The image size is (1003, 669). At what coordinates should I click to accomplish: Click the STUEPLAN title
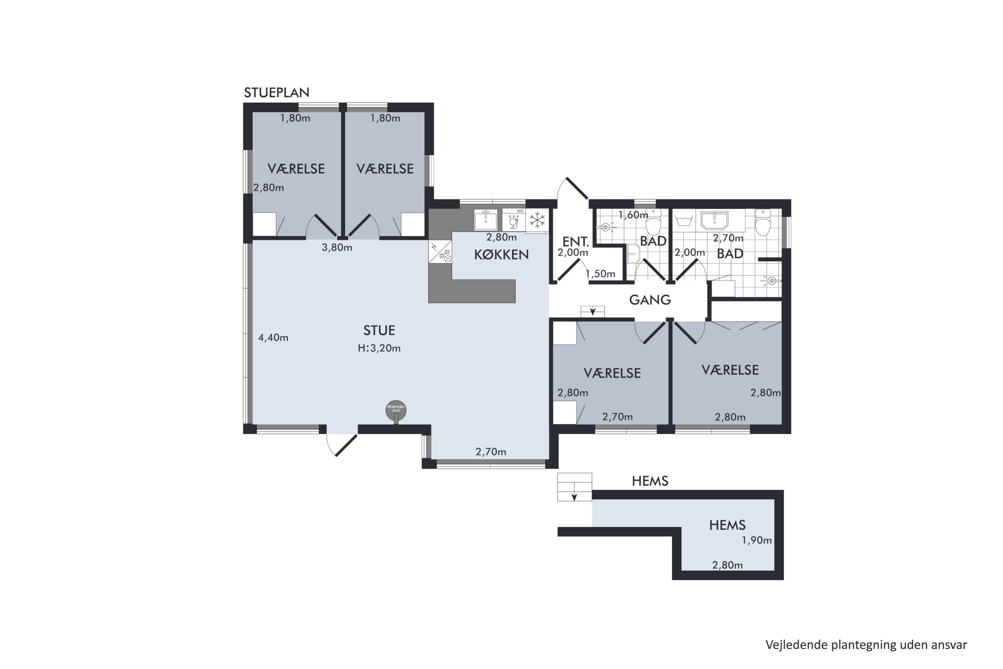[276, 93]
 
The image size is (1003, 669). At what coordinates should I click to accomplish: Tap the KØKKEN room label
[501, 255]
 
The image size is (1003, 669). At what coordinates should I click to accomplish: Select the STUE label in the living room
[379, 330]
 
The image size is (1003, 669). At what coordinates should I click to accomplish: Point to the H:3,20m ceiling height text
[379, 348]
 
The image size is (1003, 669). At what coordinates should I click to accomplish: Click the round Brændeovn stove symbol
[396, 410]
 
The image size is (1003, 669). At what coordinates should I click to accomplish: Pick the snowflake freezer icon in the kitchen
[537, 220]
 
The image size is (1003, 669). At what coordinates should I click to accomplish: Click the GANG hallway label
[650, 300]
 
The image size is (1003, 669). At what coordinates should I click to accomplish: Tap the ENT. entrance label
[576, 242]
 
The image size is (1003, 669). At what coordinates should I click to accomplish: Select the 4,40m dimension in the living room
[273, 338]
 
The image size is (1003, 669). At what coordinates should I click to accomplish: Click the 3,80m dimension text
[337, 248]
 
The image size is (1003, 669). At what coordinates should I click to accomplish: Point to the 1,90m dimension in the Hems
[757, 541]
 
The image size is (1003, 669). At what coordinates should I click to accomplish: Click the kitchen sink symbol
[486, 220]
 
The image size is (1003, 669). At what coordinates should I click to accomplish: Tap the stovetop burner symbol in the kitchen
[440, 252]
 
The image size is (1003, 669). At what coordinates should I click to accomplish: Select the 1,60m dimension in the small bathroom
[633, 215]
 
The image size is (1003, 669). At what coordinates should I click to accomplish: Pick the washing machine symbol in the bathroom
[684, 220]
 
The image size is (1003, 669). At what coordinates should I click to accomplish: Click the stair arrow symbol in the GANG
[592, 311]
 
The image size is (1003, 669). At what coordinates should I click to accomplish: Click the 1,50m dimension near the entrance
[600, 274]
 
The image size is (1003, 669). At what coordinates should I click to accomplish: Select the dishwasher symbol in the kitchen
[514, 220]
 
